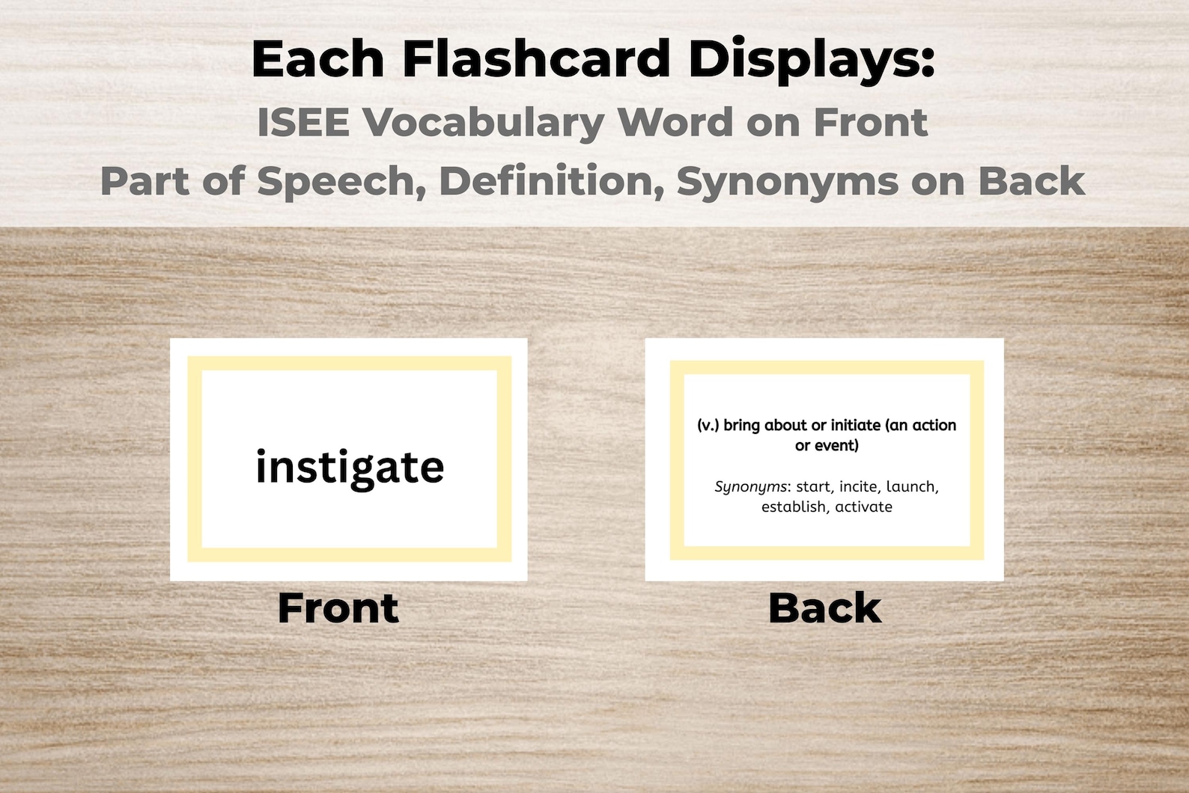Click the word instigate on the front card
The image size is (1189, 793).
tap(350, 468)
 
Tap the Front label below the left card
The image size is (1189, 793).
tap(338, 607)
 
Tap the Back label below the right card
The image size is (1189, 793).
tap(824, 607)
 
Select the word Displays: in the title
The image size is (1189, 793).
tap(812, 59)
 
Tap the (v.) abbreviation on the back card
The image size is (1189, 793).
tap(708, 426)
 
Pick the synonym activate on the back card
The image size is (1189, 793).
tap(864, 507)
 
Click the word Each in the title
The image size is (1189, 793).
tap(317, 59)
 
